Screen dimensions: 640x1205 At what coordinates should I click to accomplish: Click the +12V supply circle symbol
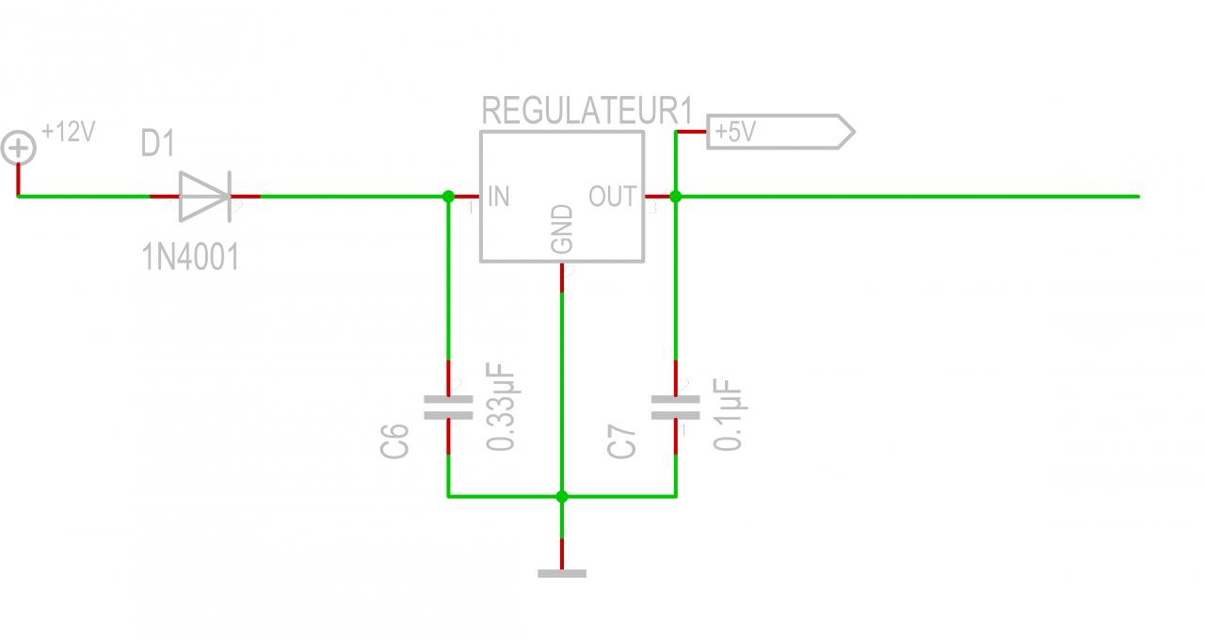click(18, 148)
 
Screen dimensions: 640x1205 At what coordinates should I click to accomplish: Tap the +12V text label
click(69, 133)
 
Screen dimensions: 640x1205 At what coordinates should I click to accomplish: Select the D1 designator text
click(158, 145)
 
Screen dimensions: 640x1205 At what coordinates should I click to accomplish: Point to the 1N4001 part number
click(190, 256)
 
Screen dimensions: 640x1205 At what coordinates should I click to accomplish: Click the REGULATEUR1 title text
click(586, 111)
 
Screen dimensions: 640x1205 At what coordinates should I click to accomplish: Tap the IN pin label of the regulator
click(499, 197)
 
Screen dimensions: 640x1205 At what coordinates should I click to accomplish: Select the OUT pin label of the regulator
click(613, 197)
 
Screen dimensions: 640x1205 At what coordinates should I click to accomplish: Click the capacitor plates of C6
click(448, 407)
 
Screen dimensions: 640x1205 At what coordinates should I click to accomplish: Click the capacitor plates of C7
click(676, 407)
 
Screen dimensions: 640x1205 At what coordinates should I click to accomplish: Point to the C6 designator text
click(396, 440)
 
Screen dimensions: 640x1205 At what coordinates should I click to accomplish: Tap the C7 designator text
click(623, 440)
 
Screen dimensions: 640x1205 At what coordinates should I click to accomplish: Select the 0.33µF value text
click(503, 407)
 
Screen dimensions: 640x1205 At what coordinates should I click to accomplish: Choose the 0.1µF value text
click(730, 415)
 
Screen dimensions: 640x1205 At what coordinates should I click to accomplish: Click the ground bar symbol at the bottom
click(562, 572)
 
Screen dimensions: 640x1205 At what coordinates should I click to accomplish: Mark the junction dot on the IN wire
click(448, 197)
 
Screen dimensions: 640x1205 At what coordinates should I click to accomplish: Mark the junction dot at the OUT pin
click(675, 197)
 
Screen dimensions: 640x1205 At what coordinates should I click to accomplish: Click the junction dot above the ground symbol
click(562, 496)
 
